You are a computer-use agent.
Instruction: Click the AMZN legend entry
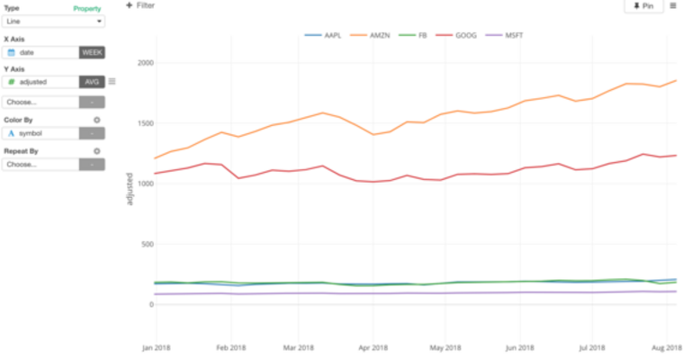click(373, 35)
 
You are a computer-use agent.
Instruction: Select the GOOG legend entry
click(459, 35)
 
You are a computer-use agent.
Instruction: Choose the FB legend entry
click(416, 35)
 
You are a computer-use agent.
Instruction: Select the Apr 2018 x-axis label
click(373, 346)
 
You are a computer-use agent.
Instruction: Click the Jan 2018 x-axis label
click(156, 346)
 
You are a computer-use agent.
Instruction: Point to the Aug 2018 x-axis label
click(664, 346)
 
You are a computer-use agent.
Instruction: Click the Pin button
click(643, 6)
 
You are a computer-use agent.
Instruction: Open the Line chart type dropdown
click(54, 20)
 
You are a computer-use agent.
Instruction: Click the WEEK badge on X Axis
click(92, 53)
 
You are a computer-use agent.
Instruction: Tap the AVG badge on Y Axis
click(92, 82)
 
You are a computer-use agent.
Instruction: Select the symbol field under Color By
click(41, 133)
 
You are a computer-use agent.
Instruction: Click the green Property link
click(86, 8)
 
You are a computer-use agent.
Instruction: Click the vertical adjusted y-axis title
click(130, 189)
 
